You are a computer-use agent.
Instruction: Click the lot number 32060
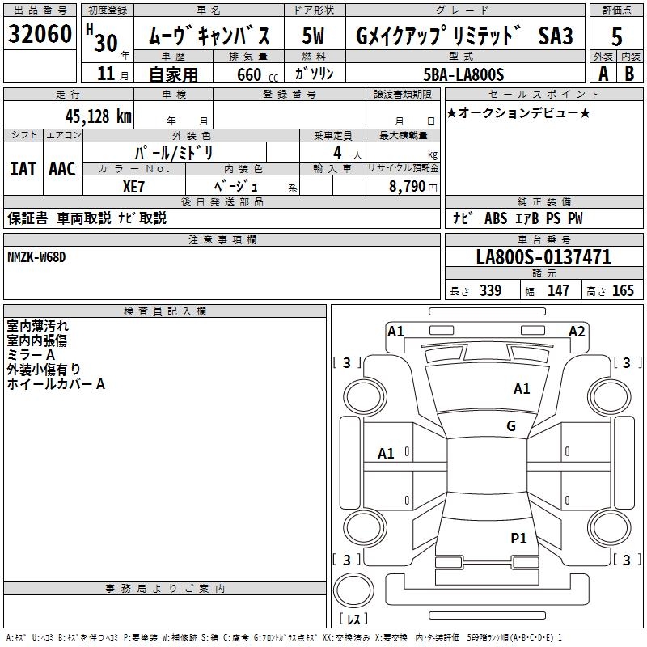pos(40,35)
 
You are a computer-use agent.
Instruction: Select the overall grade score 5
pos(616,36)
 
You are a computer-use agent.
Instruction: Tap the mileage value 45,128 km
pos(92,116)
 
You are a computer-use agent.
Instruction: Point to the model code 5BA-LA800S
pos(463,74)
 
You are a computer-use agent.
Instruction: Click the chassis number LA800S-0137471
pos(543,258)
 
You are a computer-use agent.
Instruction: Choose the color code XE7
pos(134,185)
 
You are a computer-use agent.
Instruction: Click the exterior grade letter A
pos(603,74)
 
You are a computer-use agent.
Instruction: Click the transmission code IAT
pos(23,168)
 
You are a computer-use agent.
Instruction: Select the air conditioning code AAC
pos(61,168)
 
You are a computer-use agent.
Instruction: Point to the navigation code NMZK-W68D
pos(36,257)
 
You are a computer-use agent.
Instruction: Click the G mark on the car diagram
pos(511,426)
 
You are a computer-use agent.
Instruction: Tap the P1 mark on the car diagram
pos(518,538)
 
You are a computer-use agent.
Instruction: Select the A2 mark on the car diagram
pos(577,331)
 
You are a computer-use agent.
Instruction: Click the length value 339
pos(491,291)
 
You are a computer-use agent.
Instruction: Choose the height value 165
pos(623,291)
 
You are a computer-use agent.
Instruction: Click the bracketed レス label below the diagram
pos(353,620)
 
